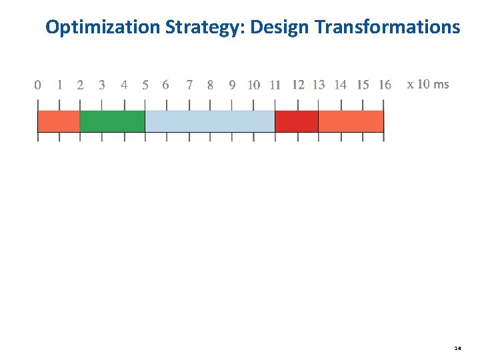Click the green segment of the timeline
pos(112,121)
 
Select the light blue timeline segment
pos(210,121)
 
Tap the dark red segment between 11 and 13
pos(297,121)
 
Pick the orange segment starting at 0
pos(59,121)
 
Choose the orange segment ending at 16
pos(351,121)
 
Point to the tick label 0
pos(37,85)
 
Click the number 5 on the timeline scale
pos(145,85)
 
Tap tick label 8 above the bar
pos(211,85)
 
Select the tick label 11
pos(275,85)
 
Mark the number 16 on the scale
pos(385,85)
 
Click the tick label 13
pos(319,85)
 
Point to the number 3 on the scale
pos(101,85)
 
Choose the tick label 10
pos(254,85)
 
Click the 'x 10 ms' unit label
pos(428,84)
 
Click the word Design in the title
pos(281,27)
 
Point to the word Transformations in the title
pos(387,27)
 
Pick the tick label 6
pos(165,85)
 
